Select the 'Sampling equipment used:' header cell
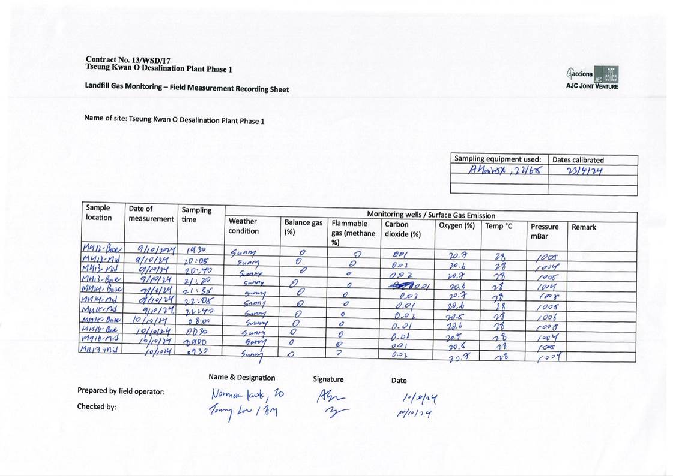coord(498,159)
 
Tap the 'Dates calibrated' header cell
coord(578,160)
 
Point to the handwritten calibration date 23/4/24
coord(584,171)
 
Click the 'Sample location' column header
coord(99,213)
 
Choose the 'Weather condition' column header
coord(244,226)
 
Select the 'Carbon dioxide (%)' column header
coord(403,230)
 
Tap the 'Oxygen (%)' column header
coord(457,225)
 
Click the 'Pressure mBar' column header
coord(544,231)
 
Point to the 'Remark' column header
coord(584,227)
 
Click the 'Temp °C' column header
coord(499,226)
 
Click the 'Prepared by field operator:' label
coord(121,391)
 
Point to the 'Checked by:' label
coord(97,406)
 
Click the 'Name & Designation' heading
coord(241,378)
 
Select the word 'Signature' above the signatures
coord(328,379)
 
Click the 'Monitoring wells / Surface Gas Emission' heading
coord(431,215)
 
